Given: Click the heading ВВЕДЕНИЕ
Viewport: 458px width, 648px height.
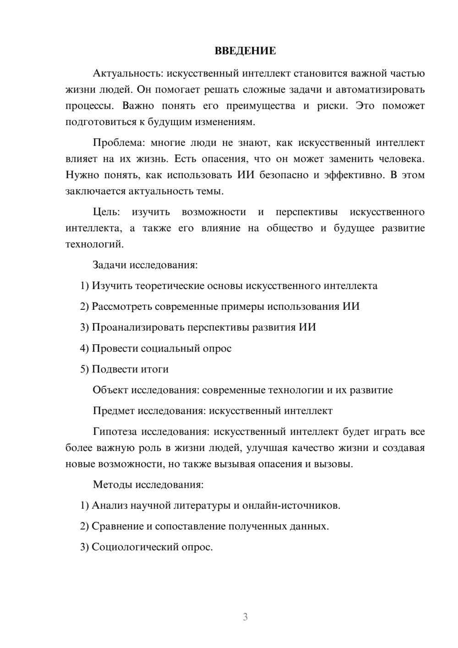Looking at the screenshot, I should point(245,51).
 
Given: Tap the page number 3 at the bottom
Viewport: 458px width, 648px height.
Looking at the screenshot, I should point(245,617).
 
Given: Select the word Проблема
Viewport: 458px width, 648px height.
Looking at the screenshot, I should point(119,143).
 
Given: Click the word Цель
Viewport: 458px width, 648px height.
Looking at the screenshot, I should point(106,212).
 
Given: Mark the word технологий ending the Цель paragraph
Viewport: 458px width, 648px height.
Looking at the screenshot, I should point(94,244).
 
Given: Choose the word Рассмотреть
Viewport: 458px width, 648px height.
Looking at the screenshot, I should point(122,307).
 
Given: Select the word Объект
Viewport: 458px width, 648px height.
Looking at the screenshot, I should point(110,390).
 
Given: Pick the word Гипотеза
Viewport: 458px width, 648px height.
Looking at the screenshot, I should point(115,432).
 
